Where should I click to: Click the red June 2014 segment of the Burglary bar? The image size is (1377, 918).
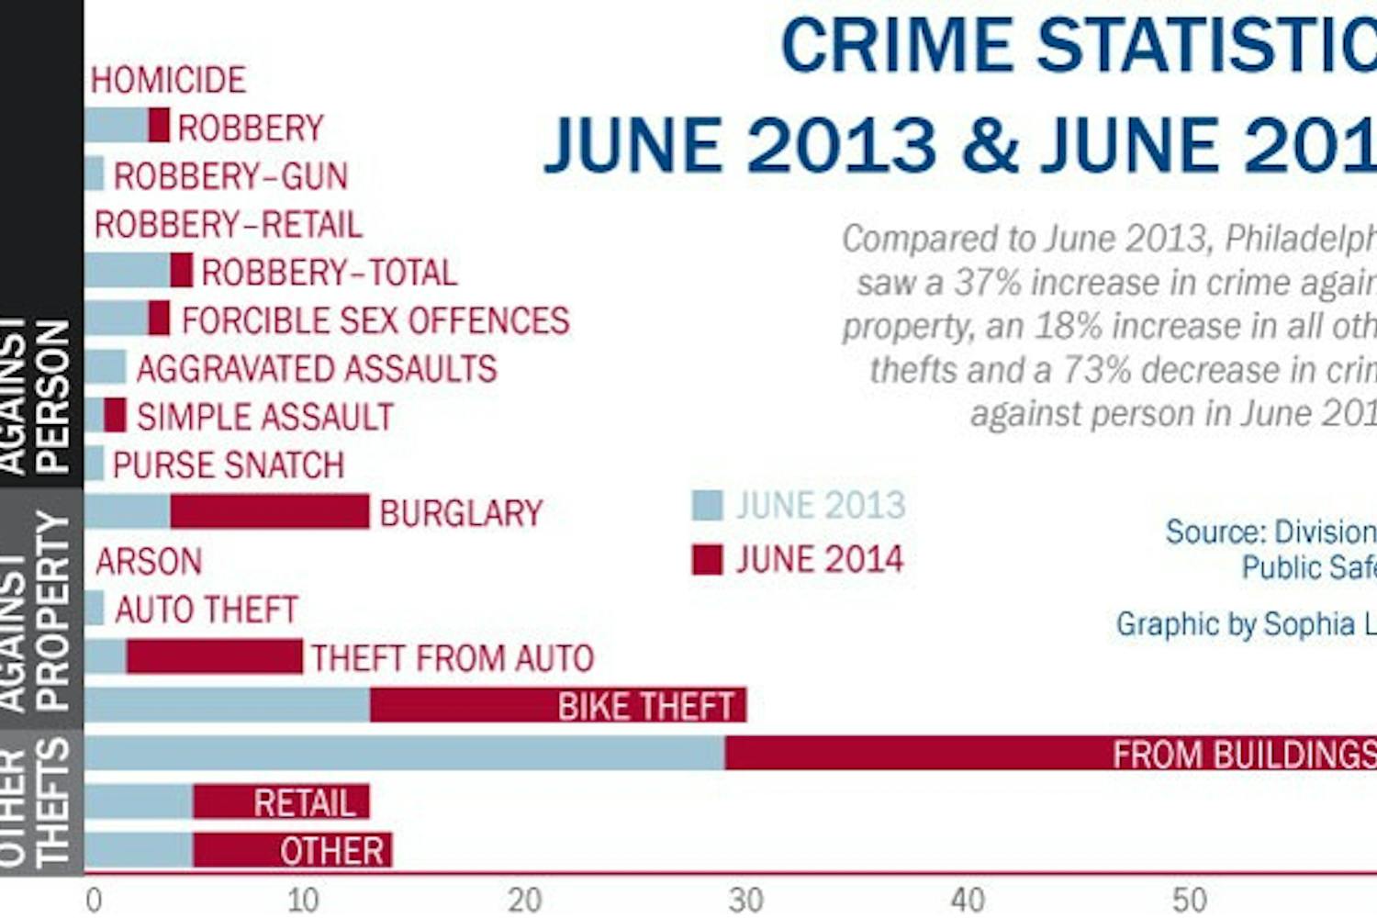[x=270, y=511]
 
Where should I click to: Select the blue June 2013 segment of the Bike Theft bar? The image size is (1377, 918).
[x=228, y=704]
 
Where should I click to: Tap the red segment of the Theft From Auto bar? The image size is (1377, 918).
[x=214, y=656]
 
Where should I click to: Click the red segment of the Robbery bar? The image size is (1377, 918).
[x=159, y=125]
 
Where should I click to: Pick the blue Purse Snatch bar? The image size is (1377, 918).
[x=95, y=464]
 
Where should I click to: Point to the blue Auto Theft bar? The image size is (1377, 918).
[x=95, y=608]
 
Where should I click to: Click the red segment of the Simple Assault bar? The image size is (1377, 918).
[x=115, y=415]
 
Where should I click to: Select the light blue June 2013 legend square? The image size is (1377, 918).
[x=707, y=505]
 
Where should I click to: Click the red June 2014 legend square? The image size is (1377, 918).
[x=707, y=559]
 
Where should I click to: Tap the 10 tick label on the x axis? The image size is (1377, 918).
[x=303, y=901]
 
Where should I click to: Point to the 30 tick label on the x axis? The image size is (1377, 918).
[x=745, y=901]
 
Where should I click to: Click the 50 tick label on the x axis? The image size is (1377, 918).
[x=1189, y=901]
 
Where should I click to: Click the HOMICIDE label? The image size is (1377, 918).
[x=168, y=80]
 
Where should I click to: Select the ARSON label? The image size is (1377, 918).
[x=148, y=561]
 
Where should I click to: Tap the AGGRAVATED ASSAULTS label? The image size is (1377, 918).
[x=317, y=368]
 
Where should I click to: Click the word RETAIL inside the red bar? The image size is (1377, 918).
[x=305, y=803]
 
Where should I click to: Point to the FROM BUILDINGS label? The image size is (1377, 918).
[x=1244, y=755]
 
